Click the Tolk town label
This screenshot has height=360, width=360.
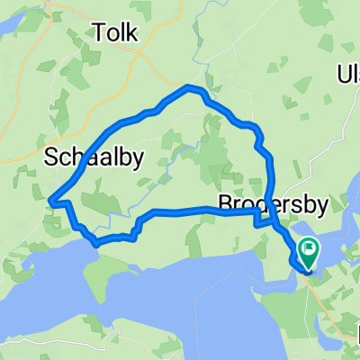coord(115,34)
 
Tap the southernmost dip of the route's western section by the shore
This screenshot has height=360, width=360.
coord(95,242)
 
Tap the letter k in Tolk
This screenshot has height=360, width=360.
coord(132,34)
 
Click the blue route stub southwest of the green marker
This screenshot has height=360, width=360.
coord(295,262)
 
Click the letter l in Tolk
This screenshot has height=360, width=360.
coord(123,34)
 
